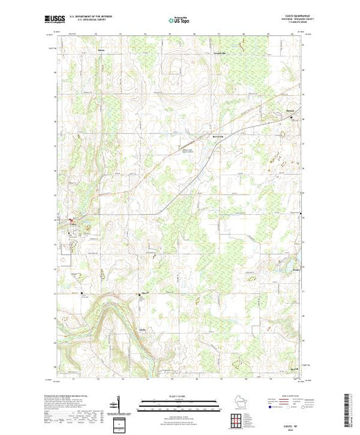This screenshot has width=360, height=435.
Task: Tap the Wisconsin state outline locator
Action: (240, 400)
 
